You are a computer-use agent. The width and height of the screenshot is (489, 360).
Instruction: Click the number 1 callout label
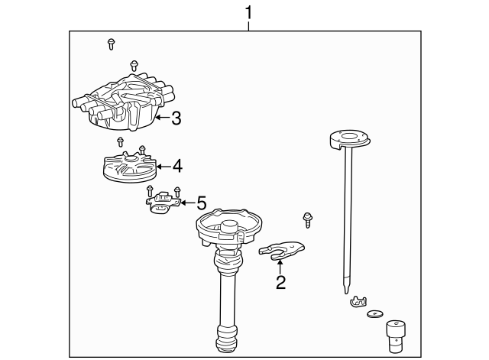(248, 12)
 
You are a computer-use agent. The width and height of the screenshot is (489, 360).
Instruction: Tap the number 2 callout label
(280, 283)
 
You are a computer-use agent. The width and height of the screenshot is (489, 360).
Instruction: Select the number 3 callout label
(176, 118)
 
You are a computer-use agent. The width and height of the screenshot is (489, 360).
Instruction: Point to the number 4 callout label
(176, 165)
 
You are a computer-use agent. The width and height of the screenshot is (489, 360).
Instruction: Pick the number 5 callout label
(201, 203)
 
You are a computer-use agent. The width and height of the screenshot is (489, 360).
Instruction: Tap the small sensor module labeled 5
(164, 203)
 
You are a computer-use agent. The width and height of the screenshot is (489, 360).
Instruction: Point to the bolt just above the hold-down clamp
(307, 220)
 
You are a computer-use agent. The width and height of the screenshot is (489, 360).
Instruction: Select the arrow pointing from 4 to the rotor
(162, 165)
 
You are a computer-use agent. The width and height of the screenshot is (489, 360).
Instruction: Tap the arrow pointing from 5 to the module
(187, 203)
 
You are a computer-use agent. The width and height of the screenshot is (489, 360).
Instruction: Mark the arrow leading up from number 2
(280, 267)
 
